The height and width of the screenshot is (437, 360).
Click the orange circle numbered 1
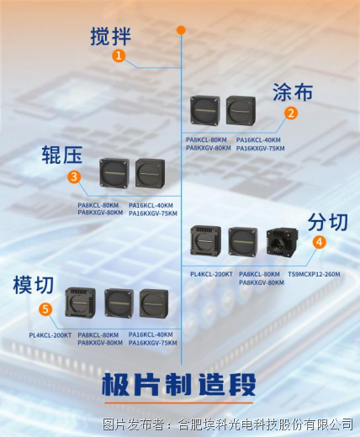tap(119, 55)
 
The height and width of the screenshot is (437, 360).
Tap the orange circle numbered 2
tap(291, 113)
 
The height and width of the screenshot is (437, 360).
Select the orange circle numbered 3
tap(74, 176)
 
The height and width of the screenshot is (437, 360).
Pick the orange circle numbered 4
tap(320, 242)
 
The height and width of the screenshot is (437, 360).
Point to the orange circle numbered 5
tap(45, 309)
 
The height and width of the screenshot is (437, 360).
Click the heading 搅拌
tap(110, 36)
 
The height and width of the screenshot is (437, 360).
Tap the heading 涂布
tap(293, 92)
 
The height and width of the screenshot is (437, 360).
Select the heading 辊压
tap(62, 155)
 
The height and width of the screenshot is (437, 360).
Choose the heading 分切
tap(328, 222)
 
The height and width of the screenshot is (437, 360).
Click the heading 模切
tap(34, 285)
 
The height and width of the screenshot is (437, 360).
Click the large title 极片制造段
tap(178, 384)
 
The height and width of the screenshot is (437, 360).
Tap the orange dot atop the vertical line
tap(181, 30)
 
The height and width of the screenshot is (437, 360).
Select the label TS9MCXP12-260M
tap(314, 274)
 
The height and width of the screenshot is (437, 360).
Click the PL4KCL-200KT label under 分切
tap(211, 274)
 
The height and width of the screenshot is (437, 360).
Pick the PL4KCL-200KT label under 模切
tap(50, 335)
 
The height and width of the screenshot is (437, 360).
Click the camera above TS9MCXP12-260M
tap(283, 242)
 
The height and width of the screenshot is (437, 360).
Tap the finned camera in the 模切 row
tap(80, 303)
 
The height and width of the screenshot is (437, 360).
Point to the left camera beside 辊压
tap(114, 173)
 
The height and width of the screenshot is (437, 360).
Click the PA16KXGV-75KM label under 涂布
tap(260, 148)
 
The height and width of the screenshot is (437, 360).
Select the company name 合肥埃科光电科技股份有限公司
tap(266, 424)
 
